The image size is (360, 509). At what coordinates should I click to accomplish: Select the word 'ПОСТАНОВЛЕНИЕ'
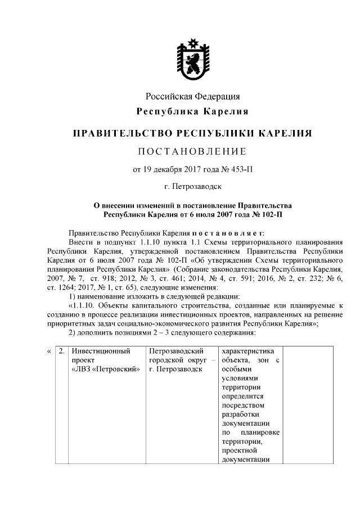coord(193,151)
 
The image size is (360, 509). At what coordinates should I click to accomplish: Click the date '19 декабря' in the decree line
coord(161,168)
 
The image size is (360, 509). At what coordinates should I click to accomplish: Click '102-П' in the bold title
coord(269,214)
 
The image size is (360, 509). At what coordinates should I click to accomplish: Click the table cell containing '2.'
coord(62,350)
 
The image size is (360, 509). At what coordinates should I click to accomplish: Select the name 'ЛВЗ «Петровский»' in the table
coord(105,369)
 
